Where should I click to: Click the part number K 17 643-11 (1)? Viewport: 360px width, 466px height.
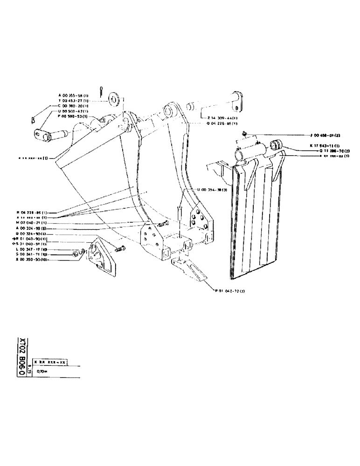point(325,146)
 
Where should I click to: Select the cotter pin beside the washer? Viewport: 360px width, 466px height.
point(102,90)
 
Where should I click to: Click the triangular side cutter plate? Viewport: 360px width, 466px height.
point(104,258)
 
